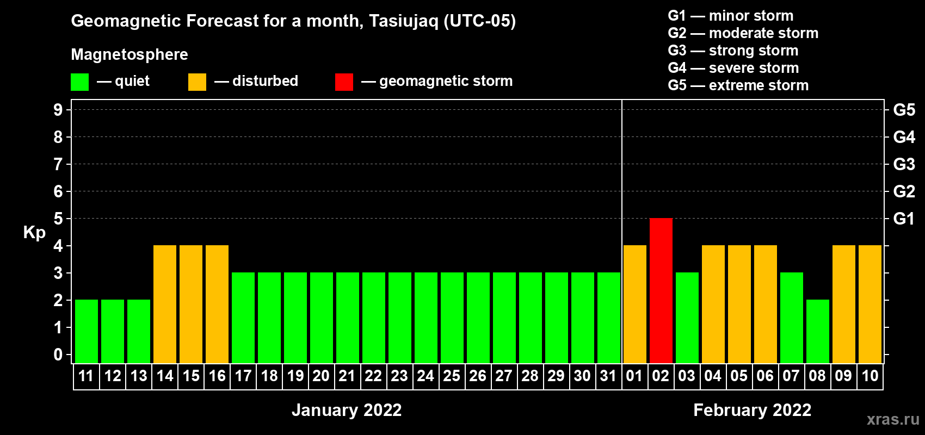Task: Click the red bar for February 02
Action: click(x=661, y=290)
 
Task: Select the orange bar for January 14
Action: click(x=165, y=304)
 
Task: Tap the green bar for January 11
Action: click(x=87, y=331)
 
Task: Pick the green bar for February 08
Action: click(x=818, y=331)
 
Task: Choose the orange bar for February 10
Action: click(x=870, y=304)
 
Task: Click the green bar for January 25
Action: click(x=452, y=318)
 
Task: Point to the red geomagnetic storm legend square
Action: click(x=344, y=82)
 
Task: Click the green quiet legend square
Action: click(x=79, y=82)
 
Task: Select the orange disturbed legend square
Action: click(x=197, y=82)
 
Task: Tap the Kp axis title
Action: click(x=34, y=233)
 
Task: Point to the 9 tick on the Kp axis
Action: click(x=58, y=110)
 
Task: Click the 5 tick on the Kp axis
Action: click(x=58, y=219)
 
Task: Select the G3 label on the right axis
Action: click(x=904, y=164)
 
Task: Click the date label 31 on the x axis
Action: click(x=608, y=376)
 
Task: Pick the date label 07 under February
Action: click(x=791, y=376)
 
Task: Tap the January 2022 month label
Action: click(x=347, y=410)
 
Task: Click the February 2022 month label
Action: click(x=753, y=410)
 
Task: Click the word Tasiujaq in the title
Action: click(x=403, y=21)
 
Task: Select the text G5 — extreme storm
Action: click(x=738, y=85)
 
